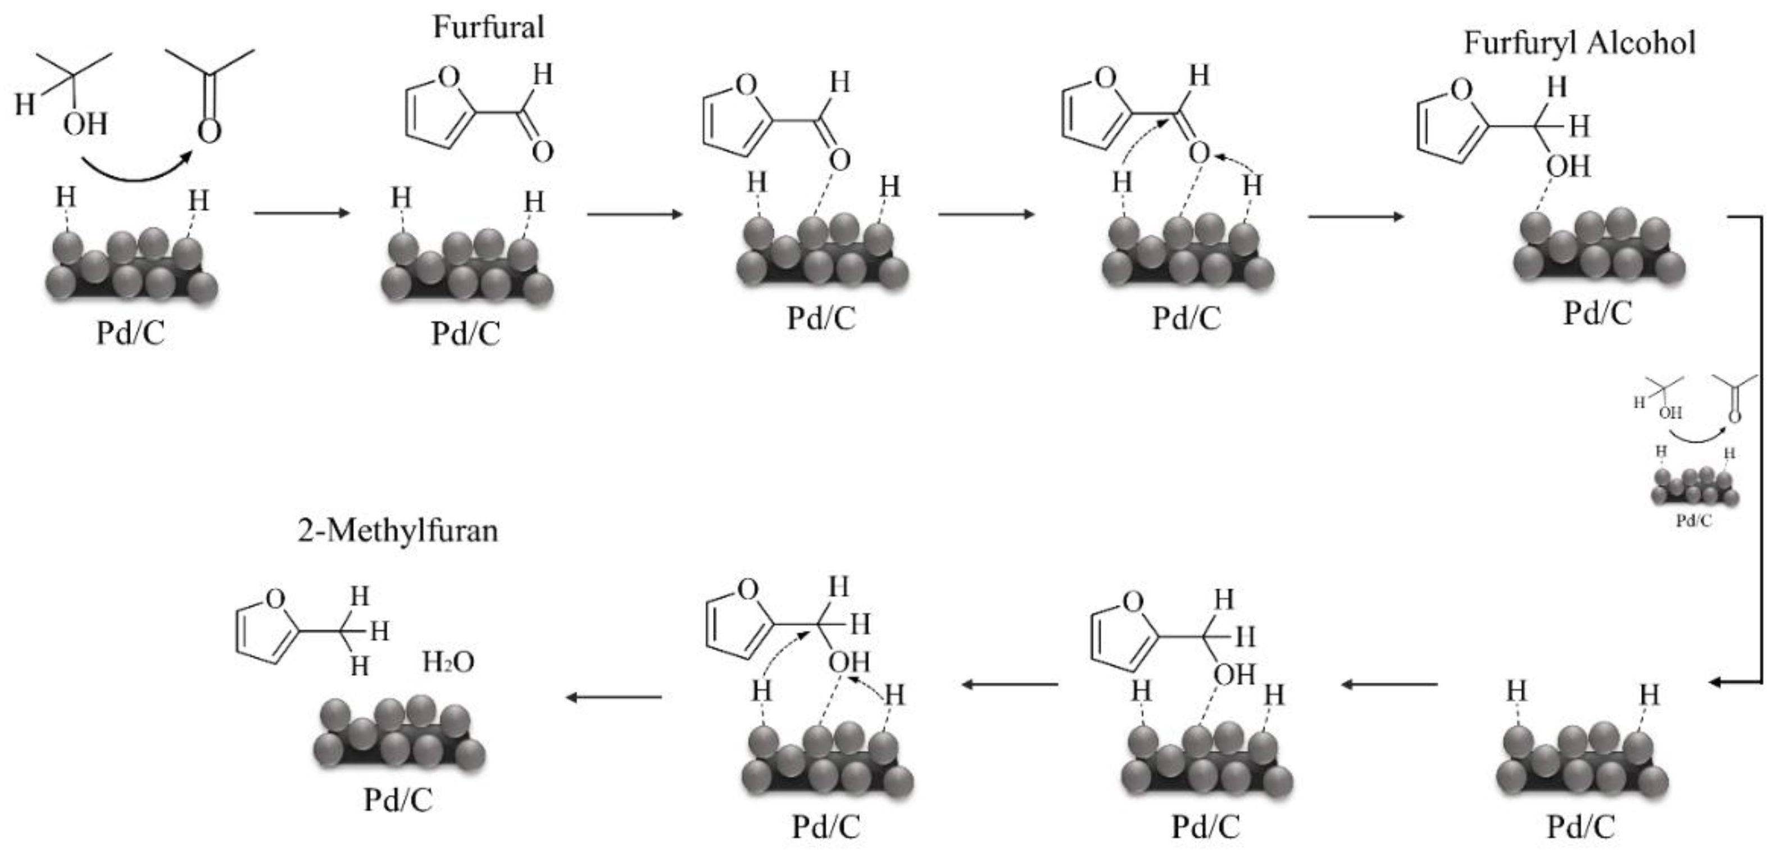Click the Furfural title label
click(x=488, y=27)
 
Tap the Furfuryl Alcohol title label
click(x=1579, y=43)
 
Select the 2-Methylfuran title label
click(x=398, y=530)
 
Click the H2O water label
click(x=448, y=662)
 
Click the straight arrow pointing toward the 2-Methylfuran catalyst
click(x=614, y=697)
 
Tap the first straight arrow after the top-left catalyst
click(x=303, y=213)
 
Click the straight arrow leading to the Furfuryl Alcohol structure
click(x=1356, y=216)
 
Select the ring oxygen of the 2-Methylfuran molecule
click(x=275, y=598)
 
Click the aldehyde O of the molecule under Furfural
click(x=542, y=151)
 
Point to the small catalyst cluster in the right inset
click(x=1695, y=487)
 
